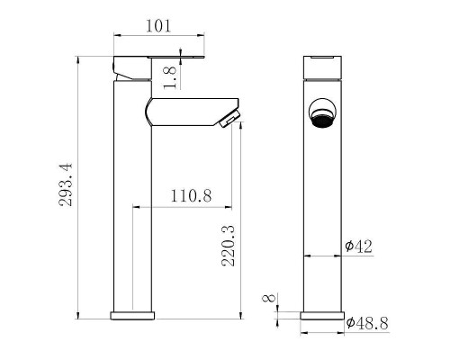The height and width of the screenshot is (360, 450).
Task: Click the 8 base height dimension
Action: point(266,300)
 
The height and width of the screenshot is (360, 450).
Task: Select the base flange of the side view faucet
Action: point(134,316)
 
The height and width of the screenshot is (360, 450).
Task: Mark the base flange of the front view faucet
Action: point(321,316)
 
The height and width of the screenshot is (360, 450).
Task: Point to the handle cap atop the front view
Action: point(321,67)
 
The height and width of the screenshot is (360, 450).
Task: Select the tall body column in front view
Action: point(321,207)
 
